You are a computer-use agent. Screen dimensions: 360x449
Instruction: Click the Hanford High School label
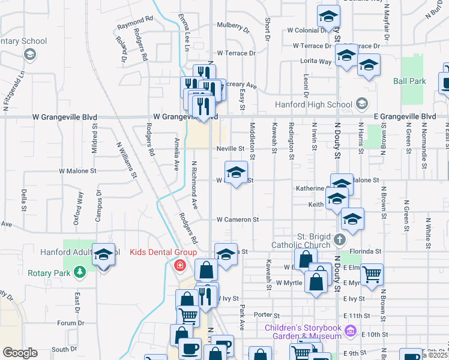click(313, 105)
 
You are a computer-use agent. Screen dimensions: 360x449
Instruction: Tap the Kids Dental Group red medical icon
click(179, 265)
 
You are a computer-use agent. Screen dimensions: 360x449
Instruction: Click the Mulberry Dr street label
click(233, 28)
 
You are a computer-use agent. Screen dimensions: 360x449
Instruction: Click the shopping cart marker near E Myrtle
click(372, 275)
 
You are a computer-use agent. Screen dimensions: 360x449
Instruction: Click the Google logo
click(20, 353)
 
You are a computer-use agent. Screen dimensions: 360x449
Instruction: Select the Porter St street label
click(267, 315)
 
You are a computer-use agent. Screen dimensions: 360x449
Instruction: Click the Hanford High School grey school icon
click(361, 104)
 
